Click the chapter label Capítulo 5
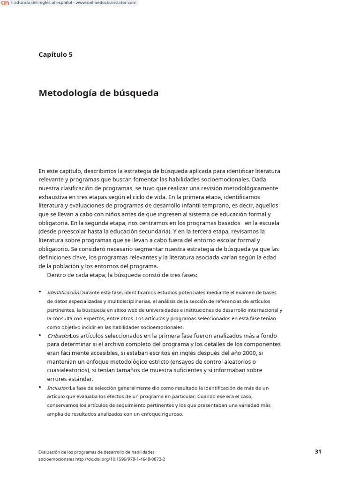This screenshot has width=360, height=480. (x=55, y=54)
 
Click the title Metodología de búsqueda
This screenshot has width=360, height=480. (x=98, y=93)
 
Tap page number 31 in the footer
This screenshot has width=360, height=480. (x=318, y=452)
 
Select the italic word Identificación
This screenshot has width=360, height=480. (x=63, y=292)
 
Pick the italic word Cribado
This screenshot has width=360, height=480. (x=58, y=336)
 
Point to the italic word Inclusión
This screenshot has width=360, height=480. (x=58, y=388)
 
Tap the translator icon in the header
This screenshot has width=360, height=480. (x=5, y=3)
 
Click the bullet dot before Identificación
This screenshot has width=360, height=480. (x=40, y=292)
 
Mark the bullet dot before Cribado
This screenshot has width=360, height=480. (x=40, y=336)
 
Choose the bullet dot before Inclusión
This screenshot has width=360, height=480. (x=40, y=388)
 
